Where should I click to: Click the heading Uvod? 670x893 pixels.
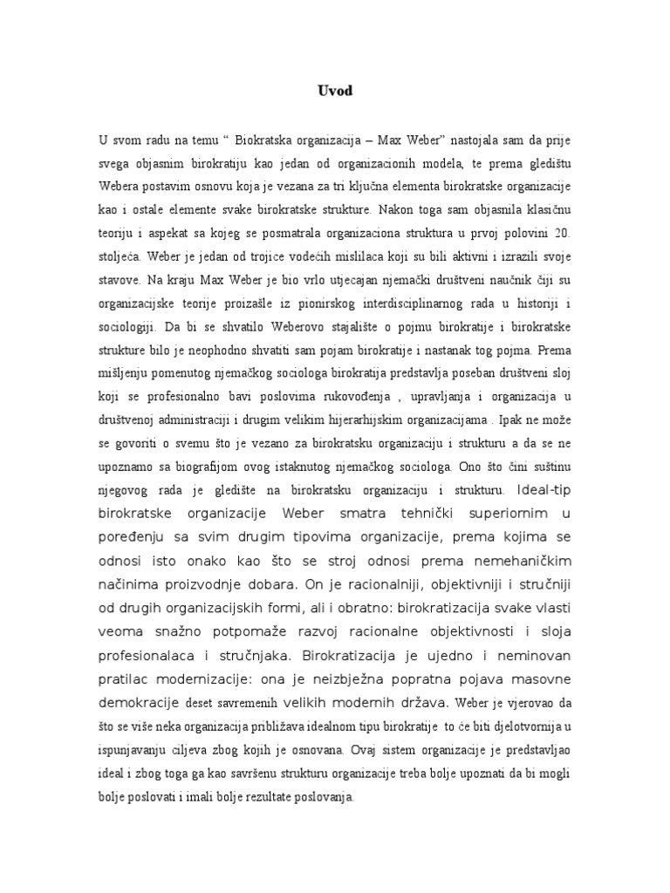click(334, 89)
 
